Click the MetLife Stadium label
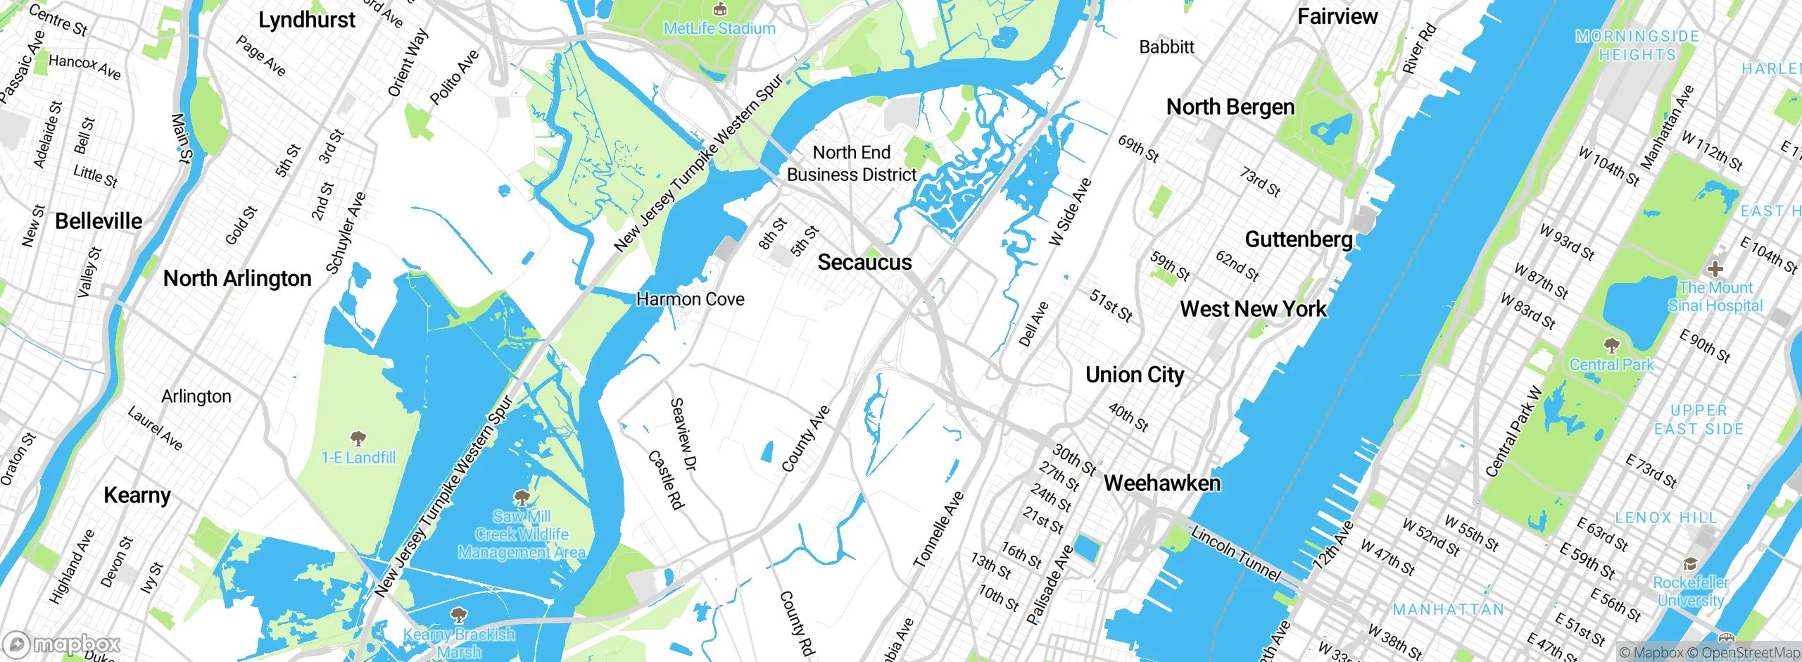point(719,28)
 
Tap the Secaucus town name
point(864,263)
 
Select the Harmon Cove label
point(690,299)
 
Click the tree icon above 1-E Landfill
point(358,439)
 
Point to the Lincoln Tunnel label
point(1235,554)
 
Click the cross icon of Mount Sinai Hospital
point(1715,268)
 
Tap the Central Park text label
point(1611,365)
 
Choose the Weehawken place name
point(1162,483)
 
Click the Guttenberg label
point(1299,239)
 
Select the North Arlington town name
point(237,279)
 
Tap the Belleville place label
point(99,221)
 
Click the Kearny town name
point(137,495)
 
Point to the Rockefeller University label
point(1690,592)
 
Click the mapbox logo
point(62,644)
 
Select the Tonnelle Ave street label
point(938,530)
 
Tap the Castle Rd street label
point(665,480)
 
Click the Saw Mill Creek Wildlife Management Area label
point(522,535)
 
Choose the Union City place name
point(1135,375)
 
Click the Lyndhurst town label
point(307,20)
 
